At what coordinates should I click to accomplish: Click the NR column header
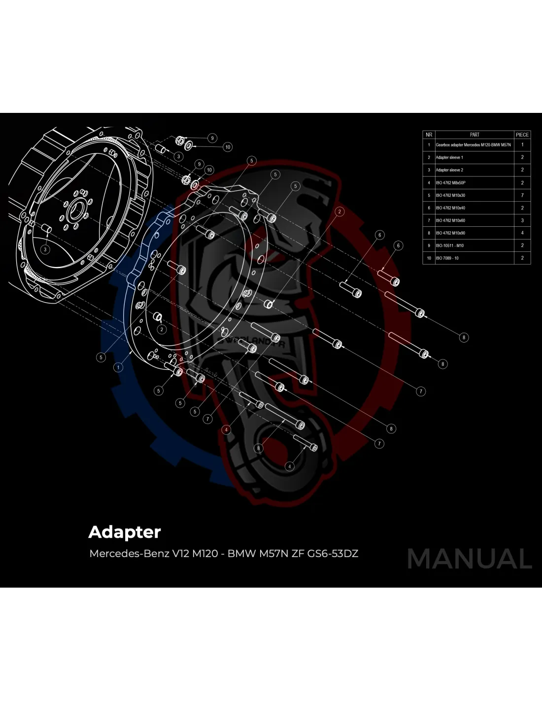click(x=429, y=135)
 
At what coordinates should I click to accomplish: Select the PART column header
click(x=474, y=135)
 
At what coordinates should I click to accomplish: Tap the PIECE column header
click(x=522, y=135)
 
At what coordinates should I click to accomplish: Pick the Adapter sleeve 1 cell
click(x=449, y=158)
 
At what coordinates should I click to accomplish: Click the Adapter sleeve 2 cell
click(x=449, y=170)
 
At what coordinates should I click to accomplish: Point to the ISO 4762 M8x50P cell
click(x=450, y=183)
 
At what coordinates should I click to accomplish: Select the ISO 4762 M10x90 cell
click(x=450, y=233)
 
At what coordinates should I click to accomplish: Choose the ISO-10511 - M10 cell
click(x=449, y=245)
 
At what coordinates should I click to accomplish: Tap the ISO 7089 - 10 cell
click(x=447, y=258)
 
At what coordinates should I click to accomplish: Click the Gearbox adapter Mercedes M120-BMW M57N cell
click(x=473, y=145)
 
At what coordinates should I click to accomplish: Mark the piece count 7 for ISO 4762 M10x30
click(x=522, y=195)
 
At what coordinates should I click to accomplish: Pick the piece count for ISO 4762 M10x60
click(x=522, y=220)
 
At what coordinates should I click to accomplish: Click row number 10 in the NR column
click(x=429, y=258)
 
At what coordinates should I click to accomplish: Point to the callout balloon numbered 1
click(x=118, y=367)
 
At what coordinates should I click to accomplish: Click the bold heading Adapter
click(x=125, y=532)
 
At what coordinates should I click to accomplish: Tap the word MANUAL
click(x=470, y=559)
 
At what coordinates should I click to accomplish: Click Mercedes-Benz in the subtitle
click(x=129, y=554)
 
